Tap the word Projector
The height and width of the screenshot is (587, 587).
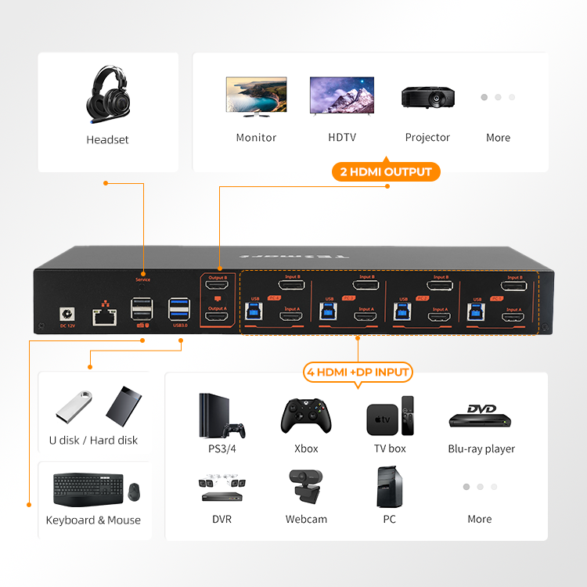(427, 138)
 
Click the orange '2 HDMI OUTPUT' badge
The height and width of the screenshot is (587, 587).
(385, 171)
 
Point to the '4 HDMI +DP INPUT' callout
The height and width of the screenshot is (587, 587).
(358, 372)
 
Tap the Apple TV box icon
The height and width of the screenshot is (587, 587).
(378, 420)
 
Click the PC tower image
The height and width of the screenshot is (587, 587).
(389, 487)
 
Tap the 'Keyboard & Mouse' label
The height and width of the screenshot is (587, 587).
(93, 520)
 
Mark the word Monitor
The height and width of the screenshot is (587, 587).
(256, 138)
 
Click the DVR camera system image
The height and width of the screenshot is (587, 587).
(220, 487)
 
